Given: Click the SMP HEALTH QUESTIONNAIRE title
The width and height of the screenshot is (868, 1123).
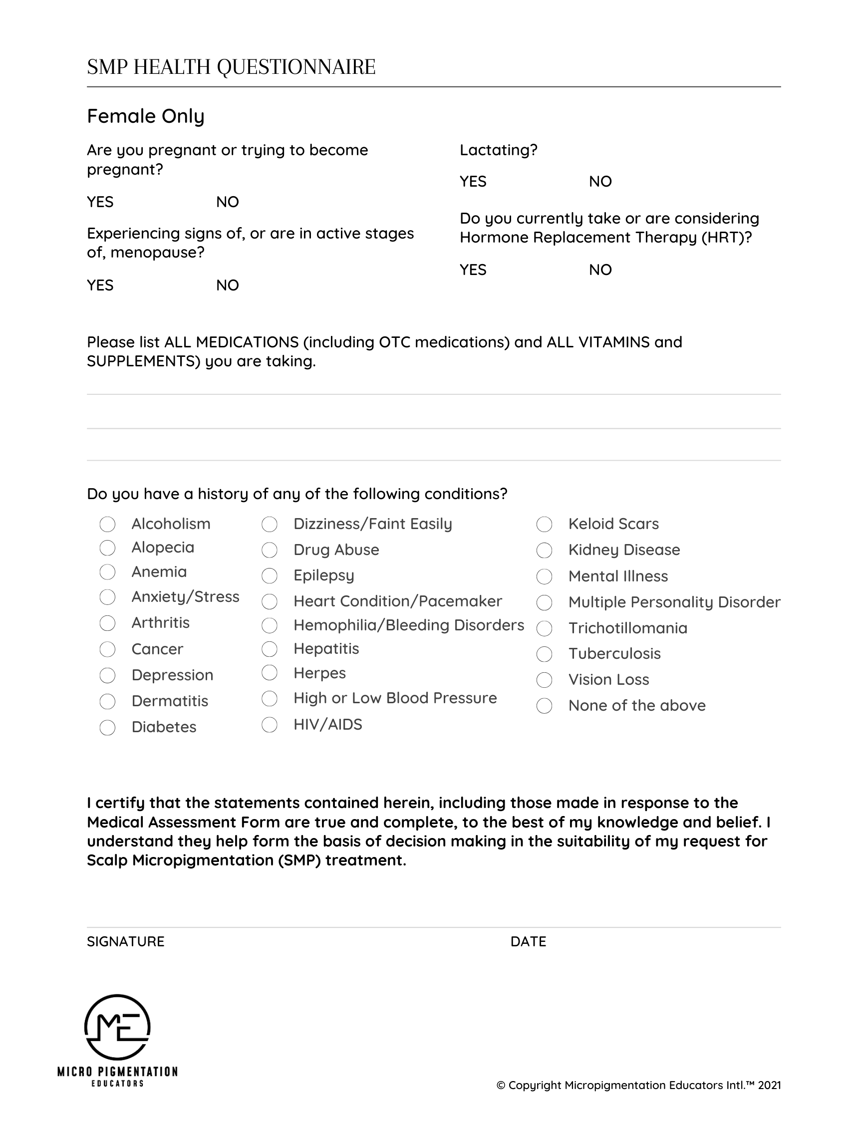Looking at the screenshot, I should [x=231, y=67].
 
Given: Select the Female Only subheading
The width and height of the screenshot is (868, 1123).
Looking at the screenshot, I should [x=146, y=116].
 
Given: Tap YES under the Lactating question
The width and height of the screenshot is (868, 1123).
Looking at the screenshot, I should [x=473, y=182].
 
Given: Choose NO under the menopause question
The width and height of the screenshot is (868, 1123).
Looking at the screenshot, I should [x=227, y=285].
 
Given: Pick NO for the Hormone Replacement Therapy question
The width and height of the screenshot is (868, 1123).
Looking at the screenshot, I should [x=600, y=270].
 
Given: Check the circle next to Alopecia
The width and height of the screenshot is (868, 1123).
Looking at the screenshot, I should [x=107, y=548].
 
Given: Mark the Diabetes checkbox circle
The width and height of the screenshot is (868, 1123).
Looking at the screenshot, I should [x=107, y=728].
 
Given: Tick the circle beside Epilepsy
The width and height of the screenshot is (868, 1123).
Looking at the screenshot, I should [x=270, y=576].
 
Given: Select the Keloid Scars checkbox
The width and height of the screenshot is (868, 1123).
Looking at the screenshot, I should [x=544, y=525].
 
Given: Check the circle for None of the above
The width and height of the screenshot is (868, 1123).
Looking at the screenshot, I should [x=544, y=706].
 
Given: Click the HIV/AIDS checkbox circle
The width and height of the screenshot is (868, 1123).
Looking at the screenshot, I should [x=270, y=725].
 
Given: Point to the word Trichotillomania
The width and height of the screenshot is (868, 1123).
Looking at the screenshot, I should [x=627, y=628].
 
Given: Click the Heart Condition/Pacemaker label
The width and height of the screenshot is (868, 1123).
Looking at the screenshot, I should [x=397, y=601].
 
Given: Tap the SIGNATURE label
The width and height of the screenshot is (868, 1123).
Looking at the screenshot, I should [x=125, y=941].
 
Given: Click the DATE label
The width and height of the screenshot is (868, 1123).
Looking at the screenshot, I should [x=528, y=941].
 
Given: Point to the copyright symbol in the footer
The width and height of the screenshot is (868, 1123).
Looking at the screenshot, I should [x=501, y=1086].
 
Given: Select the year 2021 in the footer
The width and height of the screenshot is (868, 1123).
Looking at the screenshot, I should [x=769, y=1086].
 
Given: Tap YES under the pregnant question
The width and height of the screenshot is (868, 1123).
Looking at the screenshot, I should [x=100, y=202].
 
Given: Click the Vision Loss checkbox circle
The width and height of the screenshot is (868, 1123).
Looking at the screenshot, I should [x=544, y=680].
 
